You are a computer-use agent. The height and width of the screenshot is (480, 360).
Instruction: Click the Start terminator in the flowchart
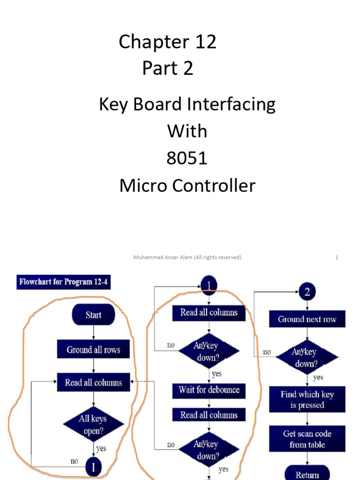click(x=93, y=315)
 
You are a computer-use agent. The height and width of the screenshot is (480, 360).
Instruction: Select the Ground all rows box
click(x=93, y=350)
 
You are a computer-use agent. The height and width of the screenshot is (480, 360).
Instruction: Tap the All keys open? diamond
click(x=93, y=424)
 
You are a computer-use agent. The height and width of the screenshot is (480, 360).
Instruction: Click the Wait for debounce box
click(x=209, y=390)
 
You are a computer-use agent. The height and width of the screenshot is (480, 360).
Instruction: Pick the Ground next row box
click(x=307, y=319)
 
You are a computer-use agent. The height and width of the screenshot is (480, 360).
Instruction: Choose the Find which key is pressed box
click(x=307, y=399)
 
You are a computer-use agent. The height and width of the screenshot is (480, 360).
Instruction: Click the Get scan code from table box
click(x=307, y=439)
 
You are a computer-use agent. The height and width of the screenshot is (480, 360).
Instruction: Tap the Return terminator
click(x=307, y=473)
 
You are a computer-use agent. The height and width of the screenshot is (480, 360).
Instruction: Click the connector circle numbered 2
click(x=307, y=292)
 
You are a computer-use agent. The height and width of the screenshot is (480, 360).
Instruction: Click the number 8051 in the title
click(x=187, y=158)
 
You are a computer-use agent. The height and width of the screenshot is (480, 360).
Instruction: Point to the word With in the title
click(x=187, y=131)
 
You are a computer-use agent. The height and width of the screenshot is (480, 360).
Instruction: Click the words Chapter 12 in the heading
click(x=167, y=42)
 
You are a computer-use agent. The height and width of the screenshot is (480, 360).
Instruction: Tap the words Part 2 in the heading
click(x=167, y=69)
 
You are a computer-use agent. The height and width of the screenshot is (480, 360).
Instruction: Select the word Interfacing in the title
click(x=231, y=105)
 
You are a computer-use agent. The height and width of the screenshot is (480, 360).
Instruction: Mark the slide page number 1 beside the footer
click(x=337, y=257)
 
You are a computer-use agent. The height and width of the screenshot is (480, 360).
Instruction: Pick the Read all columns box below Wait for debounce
click(x=209, y=415)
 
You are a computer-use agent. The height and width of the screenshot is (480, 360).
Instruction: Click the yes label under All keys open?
click(x=101, y=448)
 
